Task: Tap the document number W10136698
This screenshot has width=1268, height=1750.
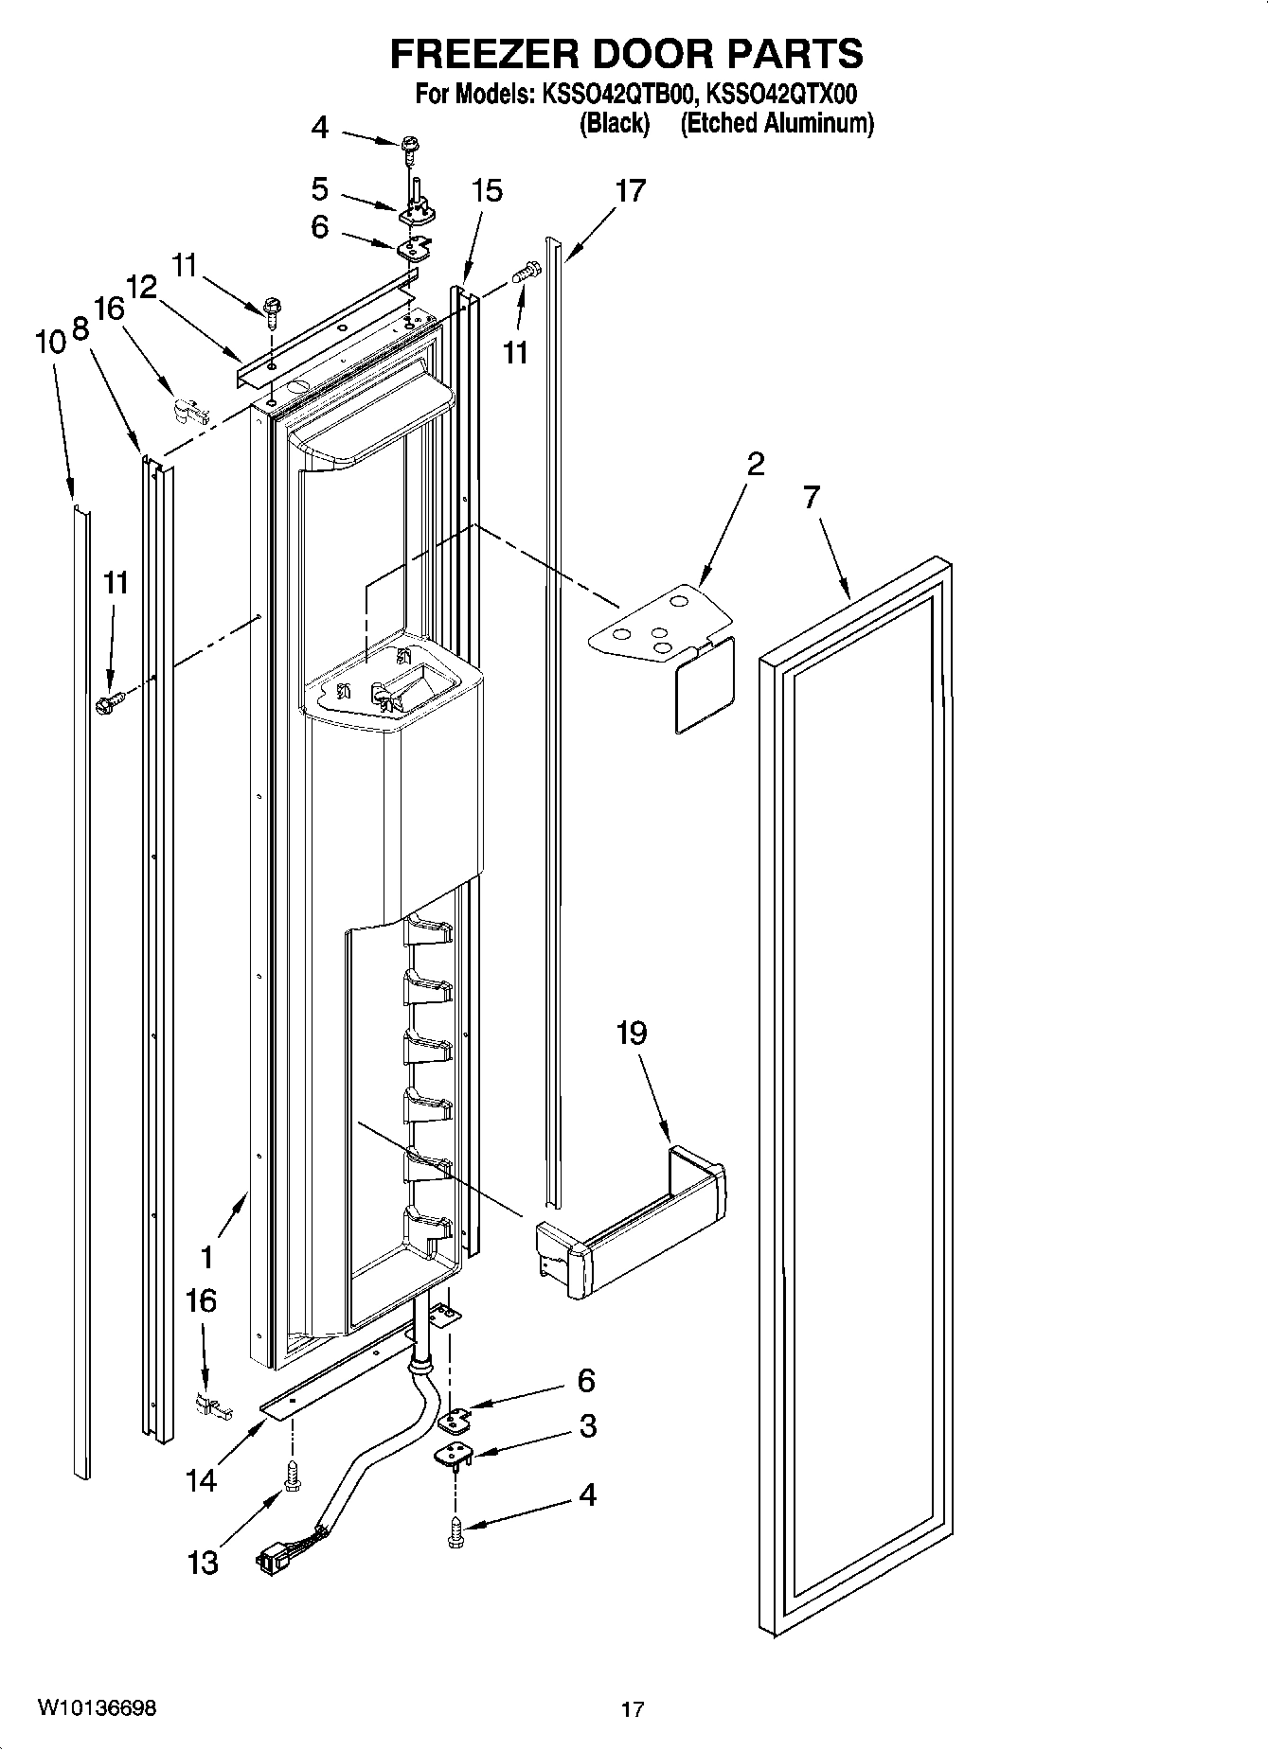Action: pyautogui.click(x=97, y=1707)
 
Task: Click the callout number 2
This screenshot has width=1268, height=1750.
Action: pyautogui.click(x=755, y=465)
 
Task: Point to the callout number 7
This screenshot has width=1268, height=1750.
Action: pyautogui.click(x=812, y=497)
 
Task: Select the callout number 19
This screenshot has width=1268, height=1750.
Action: pyautogui.click(x=632, y=1032)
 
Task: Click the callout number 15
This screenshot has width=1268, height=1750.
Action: pyautogui.click(x=487, y=191)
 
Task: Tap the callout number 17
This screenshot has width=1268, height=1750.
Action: pyautogui.click(x=630, y=191)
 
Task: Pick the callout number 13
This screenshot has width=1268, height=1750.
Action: pyautogui.click(x=202, y=1562)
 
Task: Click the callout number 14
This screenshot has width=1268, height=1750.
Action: pyautogui.click(x=202, y=1479)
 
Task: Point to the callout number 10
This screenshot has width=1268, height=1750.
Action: pyautogui.click(x=50, y=342)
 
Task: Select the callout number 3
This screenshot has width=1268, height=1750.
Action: pyautogui.click(x=587, y=1425)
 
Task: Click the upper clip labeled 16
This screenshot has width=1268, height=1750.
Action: pyautogui.click(x=186, y=410)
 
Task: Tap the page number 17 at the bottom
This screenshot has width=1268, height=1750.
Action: pyautogui.click(x=633, y=1709)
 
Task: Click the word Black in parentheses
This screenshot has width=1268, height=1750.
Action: pyautogui.click(x=615, y=123)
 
